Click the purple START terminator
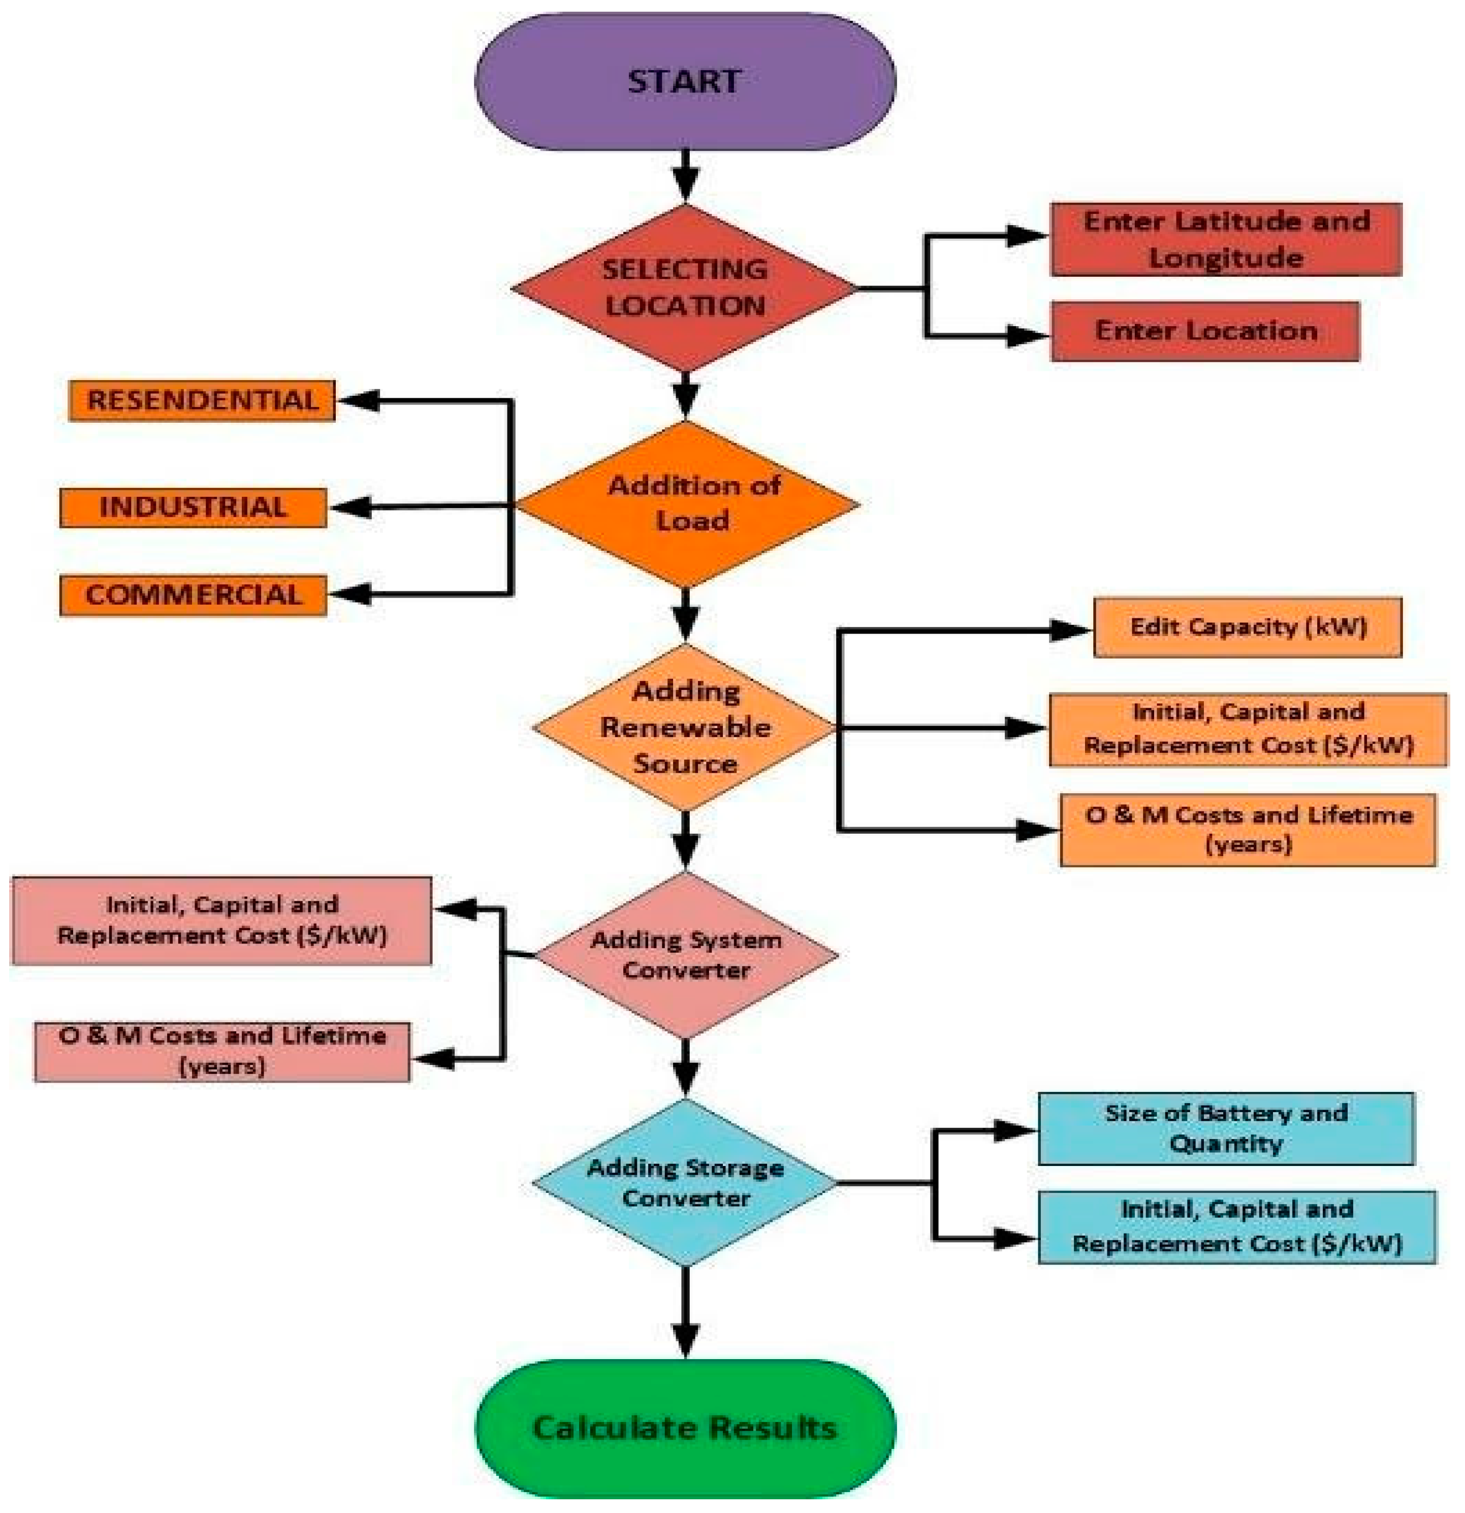[x=685, y=82]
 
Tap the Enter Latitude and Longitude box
[x=1226, y=239]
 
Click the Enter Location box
[x=1205, y=331]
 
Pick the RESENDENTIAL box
[x=202, y=401]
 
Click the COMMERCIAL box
[x=193, y=595]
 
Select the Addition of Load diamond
[x=686, y=504]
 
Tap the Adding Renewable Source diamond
[x=685, y=727]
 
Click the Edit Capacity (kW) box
[x=1248, y=627]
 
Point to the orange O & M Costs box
[x=1248, y=830]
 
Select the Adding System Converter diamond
[x=686, y=955]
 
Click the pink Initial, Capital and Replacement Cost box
[x=221, y=920]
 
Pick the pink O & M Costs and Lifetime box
[x=222, y=1051]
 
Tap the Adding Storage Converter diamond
[x=685, y=1183]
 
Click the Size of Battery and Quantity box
[x=1226, y=1128]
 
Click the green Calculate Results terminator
[x=685, y=1428]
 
